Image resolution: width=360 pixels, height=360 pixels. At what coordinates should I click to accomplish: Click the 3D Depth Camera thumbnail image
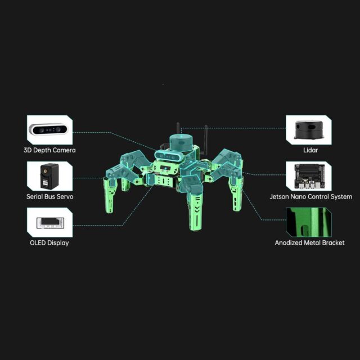pyautogui.click(x=49, y=130)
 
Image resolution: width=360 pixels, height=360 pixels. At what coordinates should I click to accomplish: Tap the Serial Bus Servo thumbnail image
pyautogui.click(x=49, y=176)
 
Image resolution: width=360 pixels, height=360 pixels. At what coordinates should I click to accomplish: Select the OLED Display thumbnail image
pyautogui.click(x=49, y=223)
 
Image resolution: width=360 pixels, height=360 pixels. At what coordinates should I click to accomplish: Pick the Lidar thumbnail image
pyautogui.click(x=309, y=130)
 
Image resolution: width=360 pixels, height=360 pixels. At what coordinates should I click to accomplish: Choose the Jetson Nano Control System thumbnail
pyautogui.click(x=309, y=176)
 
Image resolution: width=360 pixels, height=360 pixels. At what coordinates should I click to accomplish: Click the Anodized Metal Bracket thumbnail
pyautogui.click(x=309, y=223)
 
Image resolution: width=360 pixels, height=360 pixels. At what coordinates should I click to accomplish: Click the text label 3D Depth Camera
pyautogui.click(x=49, y=150)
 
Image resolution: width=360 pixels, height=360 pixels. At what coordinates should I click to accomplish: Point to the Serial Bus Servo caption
pyautogui.click(x=50, y=196)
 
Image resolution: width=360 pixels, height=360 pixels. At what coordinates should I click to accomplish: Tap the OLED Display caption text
pyautogui.click(x=49, y=243)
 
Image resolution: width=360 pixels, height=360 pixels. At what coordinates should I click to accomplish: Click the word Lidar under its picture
pyautogui.click(x=310, y=150)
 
